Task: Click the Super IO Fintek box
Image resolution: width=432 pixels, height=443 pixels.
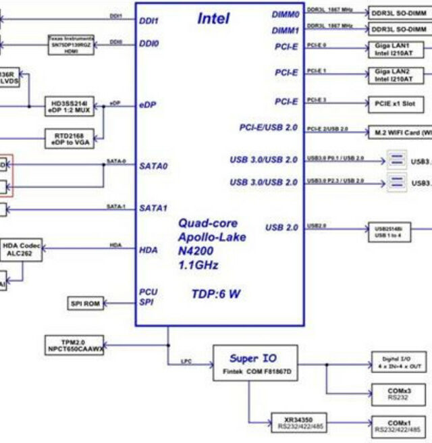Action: (252, 364)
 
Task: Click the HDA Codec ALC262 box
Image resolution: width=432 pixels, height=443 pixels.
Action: (21, 251)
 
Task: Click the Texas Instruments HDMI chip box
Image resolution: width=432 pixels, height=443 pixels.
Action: (71, 45)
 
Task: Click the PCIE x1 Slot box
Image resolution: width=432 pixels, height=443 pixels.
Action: (396, 104)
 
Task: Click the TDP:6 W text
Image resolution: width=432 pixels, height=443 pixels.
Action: (215, 294)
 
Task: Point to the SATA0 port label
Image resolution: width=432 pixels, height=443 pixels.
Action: (153, 165)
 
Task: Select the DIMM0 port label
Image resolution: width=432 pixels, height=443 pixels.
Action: (285, 14)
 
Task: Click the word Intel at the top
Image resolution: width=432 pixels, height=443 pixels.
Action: (213, 18)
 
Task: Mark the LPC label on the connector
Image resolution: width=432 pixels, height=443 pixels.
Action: (186, 361)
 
